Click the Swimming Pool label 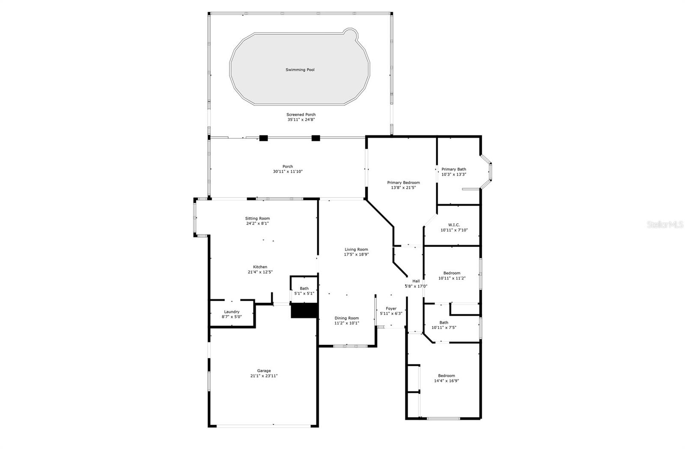[300, 69]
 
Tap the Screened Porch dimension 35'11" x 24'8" [301, 120]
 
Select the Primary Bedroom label [403, 183]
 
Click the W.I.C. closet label [454, 225]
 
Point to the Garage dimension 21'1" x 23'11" [264, 376]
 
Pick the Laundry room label [232, 312]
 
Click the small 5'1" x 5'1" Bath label [304, 289]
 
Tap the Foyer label [391, 308]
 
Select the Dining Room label [346, 318]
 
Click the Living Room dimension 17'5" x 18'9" [356, 254]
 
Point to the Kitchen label [260, 267]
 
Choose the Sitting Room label [257, 219]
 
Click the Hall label [416, 281]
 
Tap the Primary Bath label [454, 169]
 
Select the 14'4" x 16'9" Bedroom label [446, 376]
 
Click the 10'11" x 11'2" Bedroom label [452, 273]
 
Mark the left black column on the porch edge [263, 138]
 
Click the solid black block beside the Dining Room [304, 310]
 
